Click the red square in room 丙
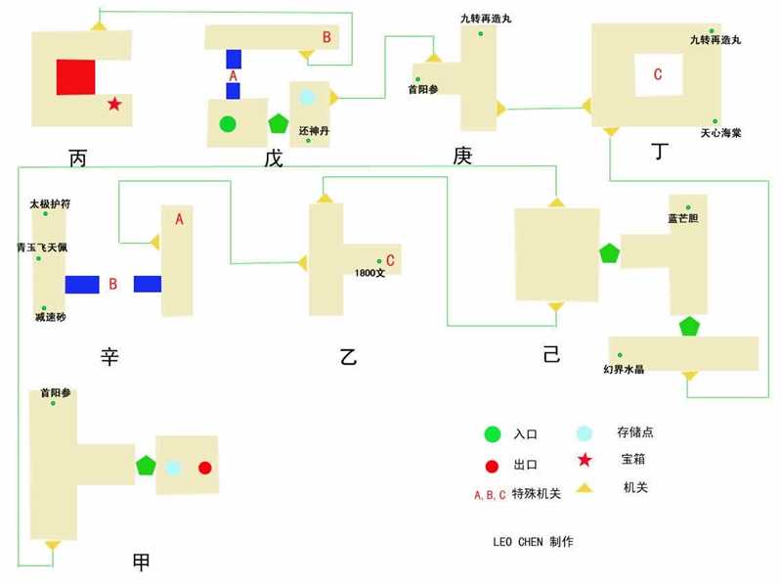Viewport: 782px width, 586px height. click(x=76, y=77)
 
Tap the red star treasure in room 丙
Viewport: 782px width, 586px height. click(x=114, y=104)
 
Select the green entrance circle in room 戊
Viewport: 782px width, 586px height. click(x=228, y=124)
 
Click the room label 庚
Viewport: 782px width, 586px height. click(x=462, y=156)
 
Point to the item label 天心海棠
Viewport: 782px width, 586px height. click(x=720, y=133)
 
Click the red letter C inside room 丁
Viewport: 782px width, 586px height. click(x=658, y=74)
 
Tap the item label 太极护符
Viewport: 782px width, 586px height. click(x=50, y=203)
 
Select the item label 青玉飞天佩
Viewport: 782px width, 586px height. click(x=42, y=248)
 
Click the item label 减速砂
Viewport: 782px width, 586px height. click(x=51, y=317)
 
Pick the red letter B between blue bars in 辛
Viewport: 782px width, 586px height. click(x=113, y=284)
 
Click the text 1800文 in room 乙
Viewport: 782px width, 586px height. click(x=369, y=273)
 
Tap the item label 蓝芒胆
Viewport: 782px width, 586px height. click(x=682, y=218)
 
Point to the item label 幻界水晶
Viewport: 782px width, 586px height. click(x=624, y=369)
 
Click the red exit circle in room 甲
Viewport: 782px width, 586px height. click(x=205, y=468)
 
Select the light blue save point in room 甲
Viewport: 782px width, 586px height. click(x=173, y=469)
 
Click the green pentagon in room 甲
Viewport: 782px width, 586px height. click(x=146, y=466)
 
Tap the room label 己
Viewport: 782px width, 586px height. click(x=551, y=354)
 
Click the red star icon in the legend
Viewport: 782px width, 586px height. click(x=585, y=459)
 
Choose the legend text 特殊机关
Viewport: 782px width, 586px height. click(x=536, y=494)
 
